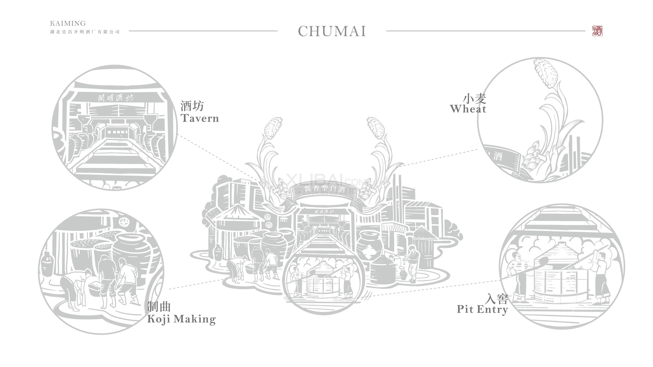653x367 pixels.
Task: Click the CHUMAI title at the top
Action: point(332,31)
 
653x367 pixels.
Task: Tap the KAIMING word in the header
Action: point(68,24)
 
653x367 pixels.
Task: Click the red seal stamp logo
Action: point(597,31)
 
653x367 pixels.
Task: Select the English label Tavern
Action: point(200,118)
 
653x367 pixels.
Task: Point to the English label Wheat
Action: point(468,109)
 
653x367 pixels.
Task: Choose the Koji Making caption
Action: point(181,319)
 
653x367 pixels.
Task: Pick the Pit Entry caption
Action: point(482,309)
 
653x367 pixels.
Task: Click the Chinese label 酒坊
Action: point(192,106)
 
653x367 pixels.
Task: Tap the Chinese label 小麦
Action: point(475,98)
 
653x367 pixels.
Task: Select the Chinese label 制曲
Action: point(159,307)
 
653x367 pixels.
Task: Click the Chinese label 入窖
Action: point(497,299)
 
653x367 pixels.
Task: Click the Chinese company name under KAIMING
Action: point(85,32)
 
